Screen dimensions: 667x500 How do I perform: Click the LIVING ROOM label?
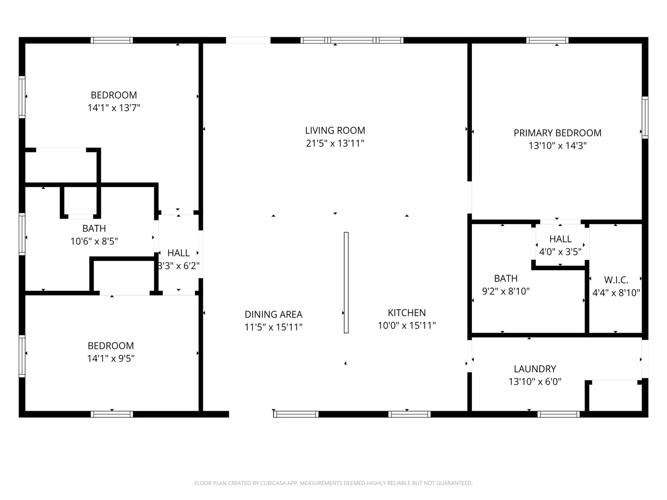[x=335, y=131]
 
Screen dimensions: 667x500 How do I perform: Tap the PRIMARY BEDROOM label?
[x=557, y=133]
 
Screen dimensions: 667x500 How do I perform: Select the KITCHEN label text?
[x=407, y=313]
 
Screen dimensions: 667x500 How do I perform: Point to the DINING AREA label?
[x=274, y=314]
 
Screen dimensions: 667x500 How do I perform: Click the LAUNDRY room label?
[x=535, y=369]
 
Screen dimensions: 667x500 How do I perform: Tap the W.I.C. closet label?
[x=616, y=280]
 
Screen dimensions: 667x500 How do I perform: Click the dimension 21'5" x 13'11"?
[x=335, y=143]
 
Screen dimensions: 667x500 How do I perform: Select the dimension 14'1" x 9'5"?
[x=111, y=358]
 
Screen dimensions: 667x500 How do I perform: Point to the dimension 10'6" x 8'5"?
[x=94, y=241]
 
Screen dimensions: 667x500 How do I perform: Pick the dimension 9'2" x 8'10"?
[x=506, y=291]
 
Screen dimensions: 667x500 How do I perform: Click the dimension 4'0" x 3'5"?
[x=560, y=252]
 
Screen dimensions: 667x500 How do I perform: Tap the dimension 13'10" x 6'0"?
[x=535, y=381]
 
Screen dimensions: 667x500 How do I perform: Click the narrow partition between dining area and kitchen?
[x=346, y=282]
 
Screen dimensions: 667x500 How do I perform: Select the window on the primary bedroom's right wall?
[x=645, y=117]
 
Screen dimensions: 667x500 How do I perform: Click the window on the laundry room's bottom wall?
[x=558, y=414]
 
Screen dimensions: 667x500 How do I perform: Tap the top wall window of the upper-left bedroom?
[x=112, y=40]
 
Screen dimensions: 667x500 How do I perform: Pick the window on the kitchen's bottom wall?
[x=409, y=414]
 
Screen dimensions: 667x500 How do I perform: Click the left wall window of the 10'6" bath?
[x=22, y=234]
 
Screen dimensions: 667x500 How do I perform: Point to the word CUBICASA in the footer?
[x=273, y=483]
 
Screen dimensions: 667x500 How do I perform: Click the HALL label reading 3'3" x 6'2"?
[x=178, y=253]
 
